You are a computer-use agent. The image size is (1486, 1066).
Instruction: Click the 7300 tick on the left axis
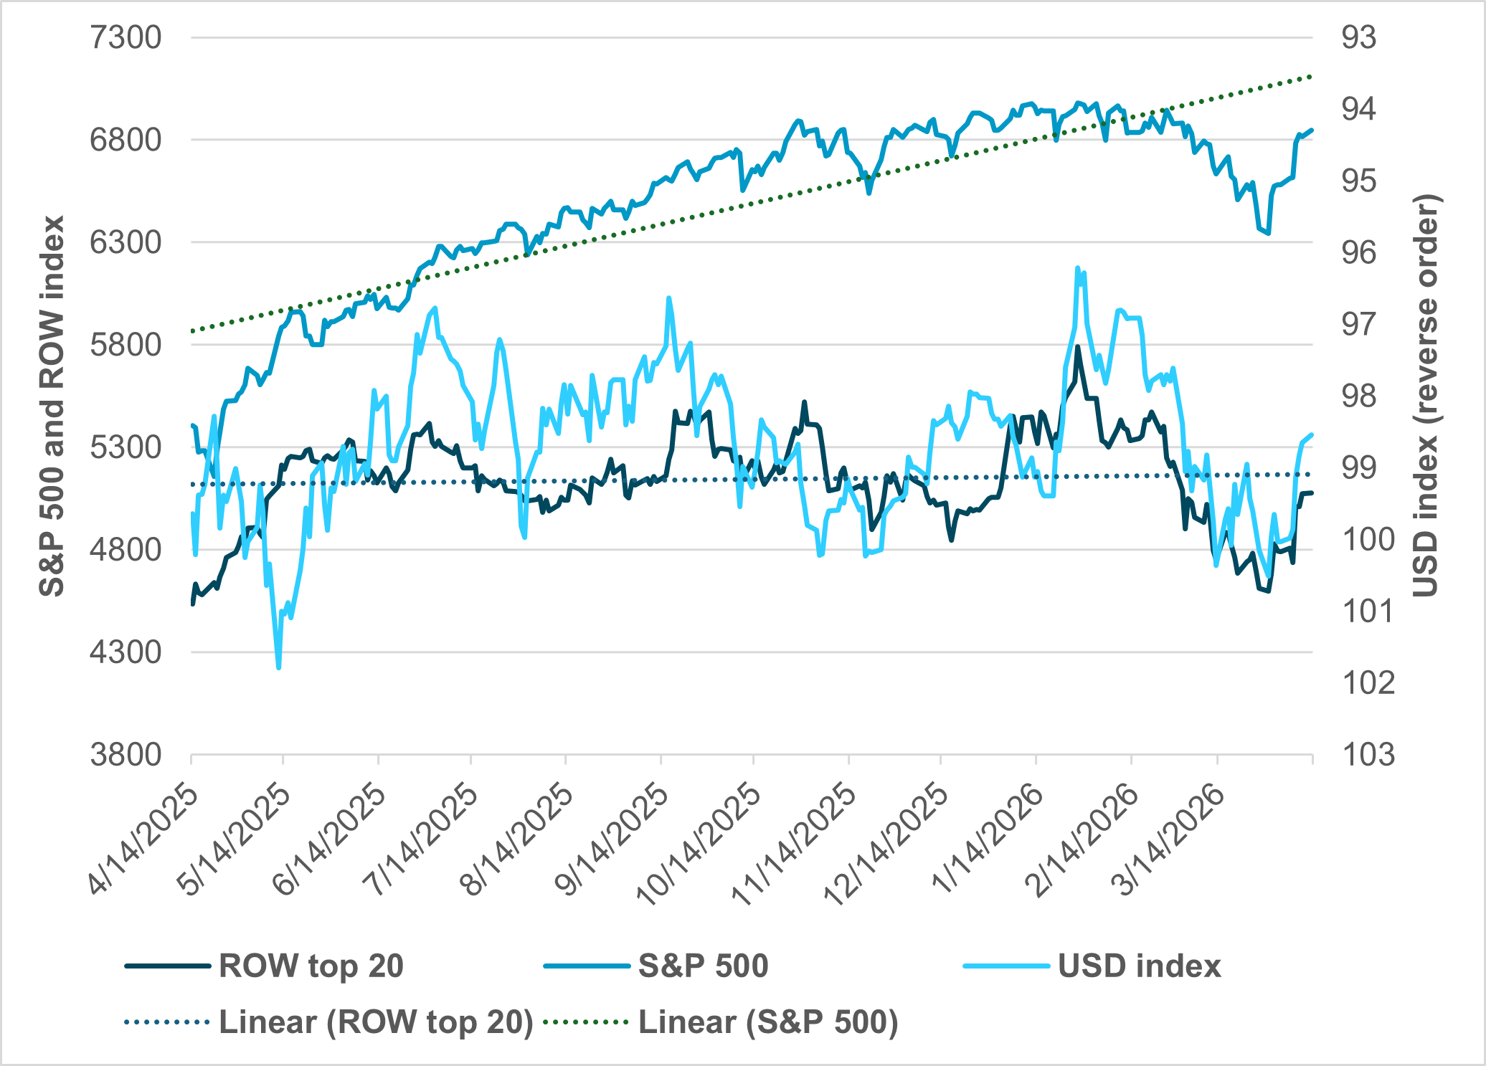coord(126,37)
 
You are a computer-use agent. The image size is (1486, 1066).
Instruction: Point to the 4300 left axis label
coord(126,652)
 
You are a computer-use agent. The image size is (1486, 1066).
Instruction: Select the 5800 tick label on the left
coord(126,345)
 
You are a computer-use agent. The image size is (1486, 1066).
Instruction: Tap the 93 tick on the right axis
coord(1359,37)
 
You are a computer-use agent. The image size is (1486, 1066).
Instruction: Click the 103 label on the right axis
coord(1368,755)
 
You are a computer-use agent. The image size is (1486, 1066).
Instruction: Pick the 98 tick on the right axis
coord(1359,396)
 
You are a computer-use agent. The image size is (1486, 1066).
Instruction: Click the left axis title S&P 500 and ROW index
coord(52,406)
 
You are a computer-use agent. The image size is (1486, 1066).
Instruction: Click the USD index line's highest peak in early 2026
coord(1077,268)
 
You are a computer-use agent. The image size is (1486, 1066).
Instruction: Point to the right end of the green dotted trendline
coord(1311,76)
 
